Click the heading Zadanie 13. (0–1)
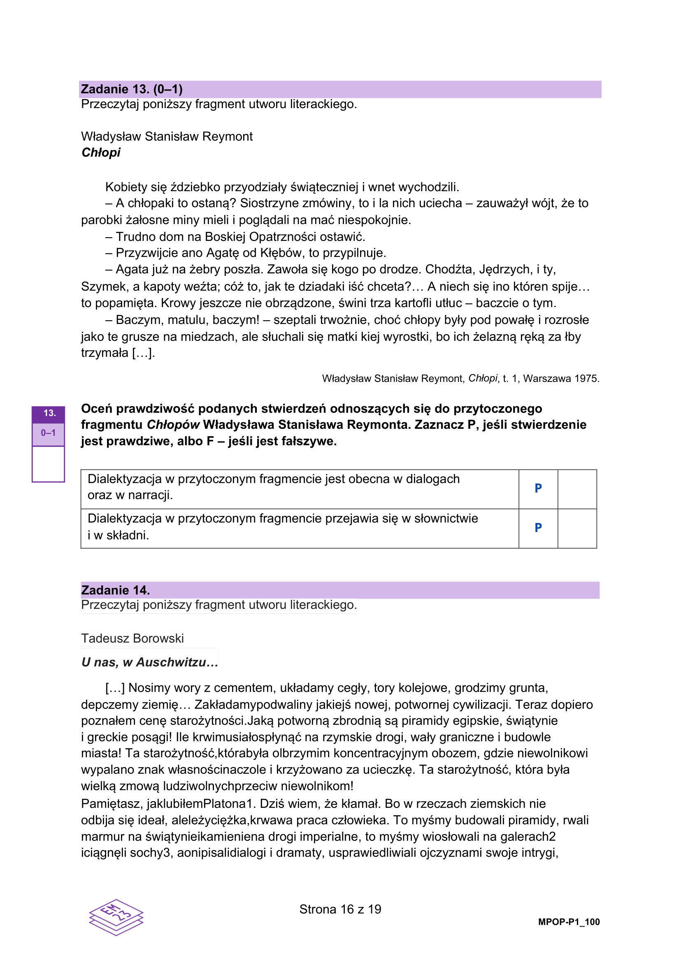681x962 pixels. coord(132,89)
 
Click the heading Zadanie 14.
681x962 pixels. coord(115,590)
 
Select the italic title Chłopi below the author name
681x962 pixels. coord(101,153)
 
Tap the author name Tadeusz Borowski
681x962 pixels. coord(132,638)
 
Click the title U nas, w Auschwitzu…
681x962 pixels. coord(149,662)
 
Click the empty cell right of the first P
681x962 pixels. coord(577,489)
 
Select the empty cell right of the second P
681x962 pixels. coord(577,528)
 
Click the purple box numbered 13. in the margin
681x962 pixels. coord(49,413)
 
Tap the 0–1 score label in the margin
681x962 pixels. coord(48,433)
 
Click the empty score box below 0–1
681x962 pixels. coord(48,464)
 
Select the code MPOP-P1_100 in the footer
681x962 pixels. coord(569,922)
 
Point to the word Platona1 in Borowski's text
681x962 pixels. coord(229,804)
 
